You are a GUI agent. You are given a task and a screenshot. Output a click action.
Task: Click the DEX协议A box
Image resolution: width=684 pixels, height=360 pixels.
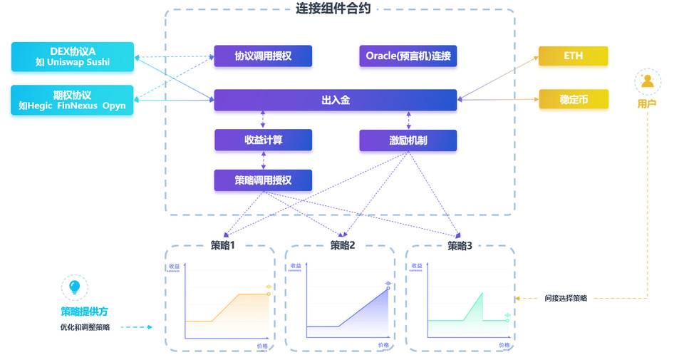click(x=73, y=56)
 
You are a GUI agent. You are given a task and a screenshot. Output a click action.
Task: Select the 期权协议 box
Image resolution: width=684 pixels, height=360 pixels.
click(x=73, y=100)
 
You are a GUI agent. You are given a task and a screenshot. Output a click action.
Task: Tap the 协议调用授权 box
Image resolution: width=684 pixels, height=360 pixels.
click(x=263, y=56)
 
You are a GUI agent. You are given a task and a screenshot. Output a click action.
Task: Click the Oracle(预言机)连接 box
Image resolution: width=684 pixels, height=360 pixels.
click(x=408, y=56)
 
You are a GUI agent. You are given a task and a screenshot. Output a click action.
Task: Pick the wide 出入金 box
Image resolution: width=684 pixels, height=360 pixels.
click(x=335, y=100)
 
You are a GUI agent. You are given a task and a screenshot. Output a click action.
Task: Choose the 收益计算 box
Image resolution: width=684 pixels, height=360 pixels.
click(x=263, y=140)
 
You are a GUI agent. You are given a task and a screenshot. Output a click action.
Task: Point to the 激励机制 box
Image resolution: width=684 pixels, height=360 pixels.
click(x=408, y=140)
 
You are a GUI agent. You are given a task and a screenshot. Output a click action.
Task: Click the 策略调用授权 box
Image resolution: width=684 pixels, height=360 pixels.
click(x=263, y=180)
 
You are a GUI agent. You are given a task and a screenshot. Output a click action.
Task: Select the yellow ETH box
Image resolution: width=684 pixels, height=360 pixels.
click(x=573, y=56)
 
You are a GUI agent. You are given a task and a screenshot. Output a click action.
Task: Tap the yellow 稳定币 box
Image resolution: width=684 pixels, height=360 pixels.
click(x=573, y=100)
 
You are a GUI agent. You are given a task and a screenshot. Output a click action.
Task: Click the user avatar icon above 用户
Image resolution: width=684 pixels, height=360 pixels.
click(x=648, y=82)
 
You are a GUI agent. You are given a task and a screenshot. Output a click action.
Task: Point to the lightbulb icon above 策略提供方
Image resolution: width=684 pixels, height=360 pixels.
click(x=74, y=287)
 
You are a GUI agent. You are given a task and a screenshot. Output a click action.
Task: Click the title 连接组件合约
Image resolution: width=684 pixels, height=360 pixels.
click(x=333, y=9)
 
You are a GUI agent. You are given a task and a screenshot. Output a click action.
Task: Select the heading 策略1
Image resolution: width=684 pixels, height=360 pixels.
click(x=222, y=246)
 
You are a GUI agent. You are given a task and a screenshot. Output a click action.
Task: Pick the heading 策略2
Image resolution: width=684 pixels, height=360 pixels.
click(x=342, y=246)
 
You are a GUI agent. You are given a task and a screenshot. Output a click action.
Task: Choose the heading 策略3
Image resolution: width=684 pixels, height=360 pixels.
click(x=460, y=246)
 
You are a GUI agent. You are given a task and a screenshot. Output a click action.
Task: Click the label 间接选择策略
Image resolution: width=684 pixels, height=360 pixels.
click(x=566, y=298)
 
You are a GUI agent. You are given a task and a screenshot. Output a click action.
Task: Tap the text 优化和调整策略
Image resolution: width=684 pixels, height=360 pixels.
click(x=85, y=327)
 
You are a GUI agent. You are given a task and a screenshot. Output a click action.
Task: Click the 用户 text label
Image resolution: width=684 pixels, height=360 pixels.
click(x=647, y=104)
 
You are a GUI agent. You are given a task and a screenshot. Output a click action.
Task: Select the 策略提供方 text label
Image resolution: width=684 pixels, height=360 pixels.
click(x=85, y=312)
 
